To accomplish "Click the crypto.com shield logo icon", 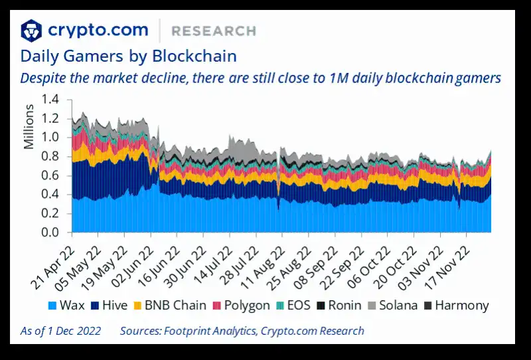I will point(31,31).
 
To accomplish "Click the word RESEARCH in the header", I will point(213,31).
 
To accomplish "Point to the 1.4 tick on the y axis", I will point(50,100).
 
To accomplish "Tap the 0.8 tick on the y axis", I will point(50,157).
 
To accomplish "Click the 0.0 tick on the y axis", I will point(50,233).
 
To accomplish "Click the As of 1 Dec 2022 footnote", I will point(60,331).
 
